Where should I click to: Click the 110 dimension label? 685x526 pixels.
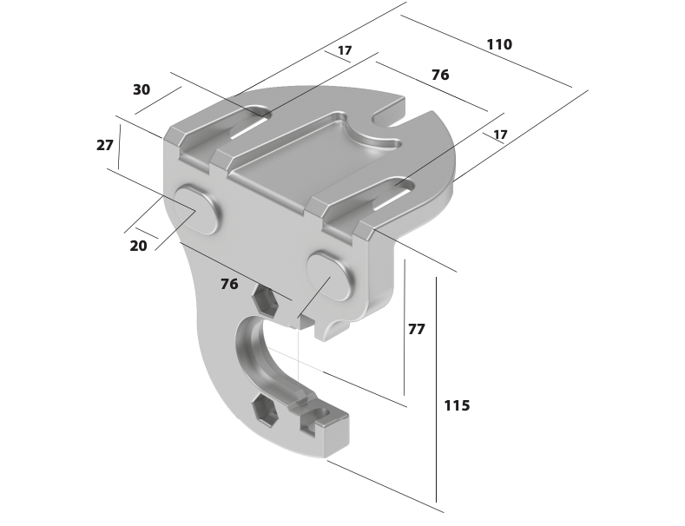click(x=499, y=44)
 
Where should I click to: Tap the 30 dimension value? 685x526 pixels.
click(x=142, y=89)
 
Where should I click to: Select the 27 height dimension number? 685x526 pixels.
click(x=105, y=145)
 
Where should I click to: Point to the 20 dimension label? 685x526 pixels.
click(x=139, y=246)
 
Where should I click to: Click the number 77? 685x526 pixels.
click(x=417, y=329)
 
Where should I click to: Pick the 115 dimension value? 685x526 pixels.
click(x=457, y=406)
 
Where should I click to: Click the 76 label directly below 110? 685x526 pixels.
click(x=440, y=76)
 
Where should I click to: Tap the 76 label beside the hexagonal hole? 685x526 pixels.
click(x=229, y=285)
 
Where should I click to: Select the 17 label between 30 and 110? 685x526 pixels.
click(x=345, y=50)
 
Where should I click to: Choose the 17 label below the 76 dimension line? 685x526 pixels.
click(x=500, y=135)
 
